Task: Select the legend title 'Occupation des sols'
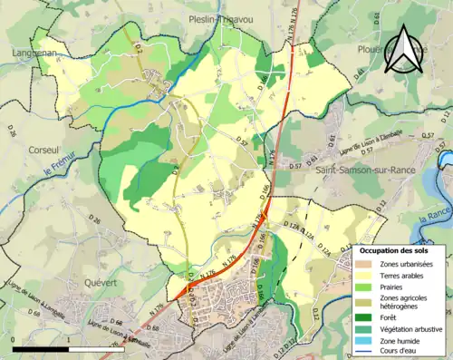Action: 395,249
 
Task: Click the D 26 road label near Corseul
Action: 13,133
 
